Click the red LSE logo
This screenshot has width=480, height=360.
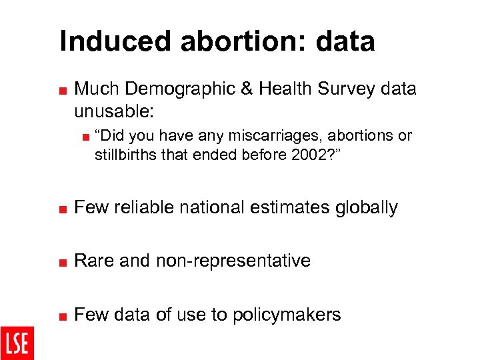[17, 343]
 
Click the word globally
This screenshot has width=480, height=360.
[365, 207]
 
